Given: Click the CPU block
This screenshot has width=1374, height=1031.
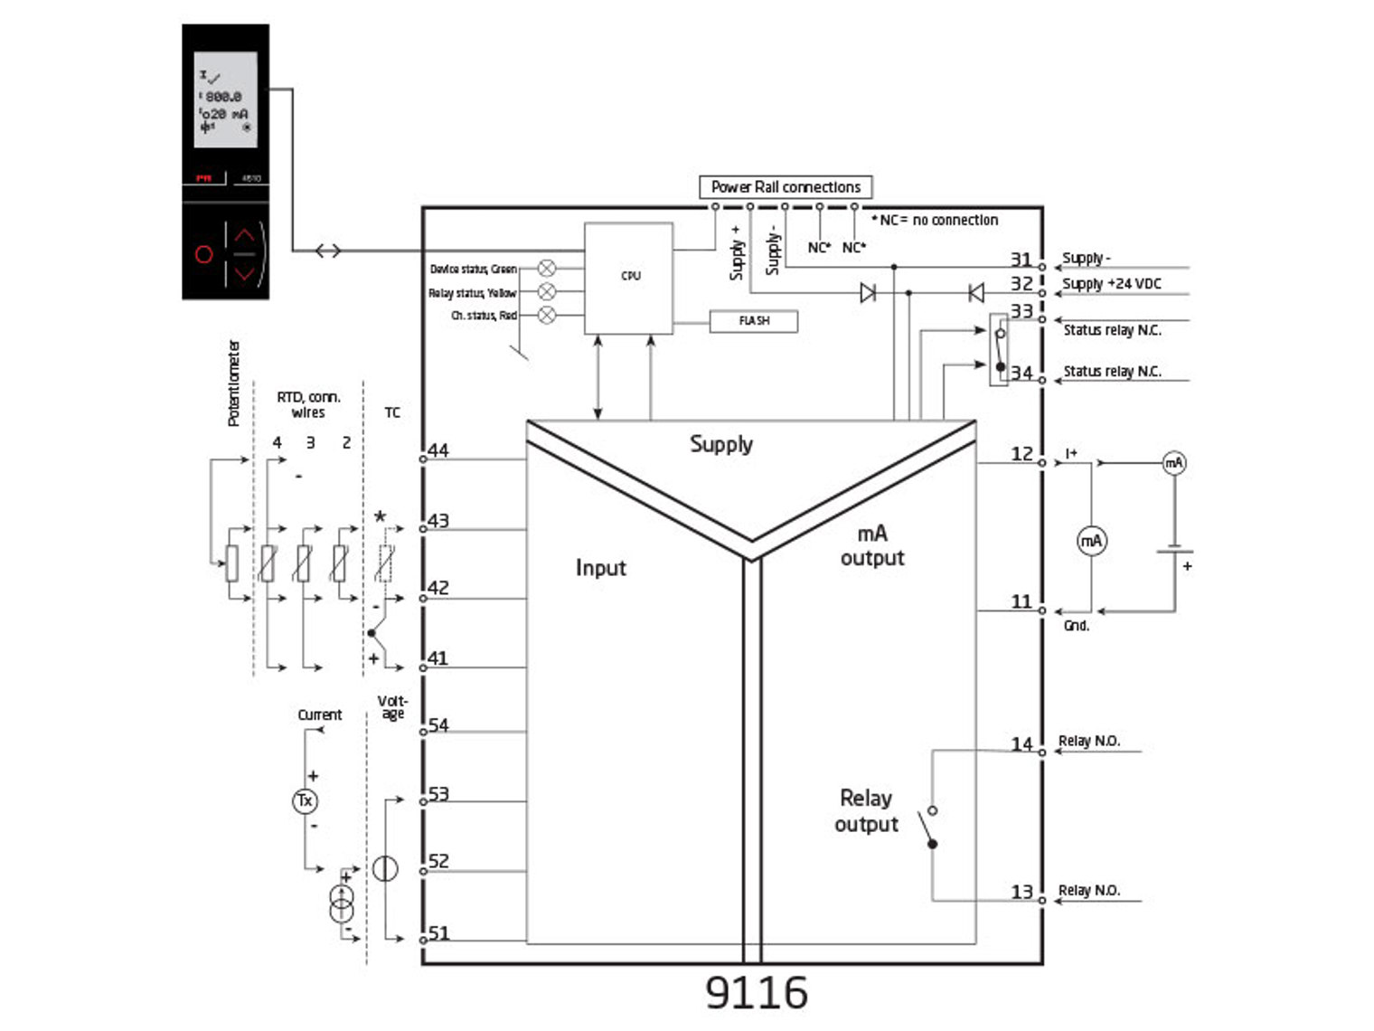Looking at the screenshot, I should coord(629,277).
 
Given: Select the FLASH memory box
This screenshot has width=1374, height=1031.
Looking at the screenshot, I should coord(753,321).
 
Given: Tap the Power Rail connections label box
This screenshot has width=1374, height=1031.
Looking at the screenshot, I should coord(785,187).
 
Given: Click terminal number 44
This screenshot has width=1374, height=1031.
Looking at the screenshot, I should coord(438,450).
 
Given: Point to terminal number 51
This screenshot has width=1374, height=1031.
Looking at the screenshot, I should coord(438,932).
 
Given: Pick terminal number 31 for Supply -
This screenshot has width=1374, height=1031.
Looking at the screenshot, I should coord(1021,259).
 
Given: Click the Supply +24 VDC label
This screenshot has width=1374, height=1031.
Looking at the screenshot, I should coord(1111,284).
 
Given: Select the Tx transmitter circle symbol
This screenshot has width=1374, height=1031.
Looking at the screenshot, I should coord(305,800).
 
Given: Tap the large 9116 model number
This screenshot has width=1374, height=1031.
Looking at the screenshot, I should coord(756,993).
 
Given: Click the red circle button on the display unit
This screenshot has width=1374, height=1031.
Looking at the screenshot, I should coord(204,254).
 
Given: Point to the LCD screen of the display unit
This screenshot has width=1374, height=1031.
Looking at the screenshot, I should coord(225,99).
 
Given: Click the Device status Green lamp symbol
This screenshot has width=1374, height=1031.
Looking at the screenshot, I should coord(547,269).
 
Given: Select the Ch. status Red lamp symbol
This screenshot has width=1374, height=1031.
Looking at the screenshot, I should coord(547,316).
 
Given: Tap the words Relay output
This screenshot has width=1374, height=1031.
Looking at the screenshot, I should coord(866,811).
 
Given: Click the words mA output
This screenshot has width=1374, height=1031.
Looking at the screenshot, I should coord(871,545).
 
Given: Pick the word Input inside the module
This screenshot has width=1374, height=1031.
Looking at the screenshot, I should coord(600,568).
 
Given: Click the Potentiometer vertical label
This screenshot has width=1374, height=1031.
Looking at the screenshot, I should coord(233,383).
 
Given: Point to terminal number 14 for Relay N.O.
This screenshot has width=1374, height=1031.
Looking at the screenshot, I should coord(1021,743).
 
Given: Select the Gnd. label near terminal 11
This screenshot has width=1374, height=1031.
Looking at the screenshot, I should coord(1076,626).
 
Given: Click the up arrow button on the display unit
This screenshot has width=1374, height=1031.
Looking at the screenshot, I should coord(245,236).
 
